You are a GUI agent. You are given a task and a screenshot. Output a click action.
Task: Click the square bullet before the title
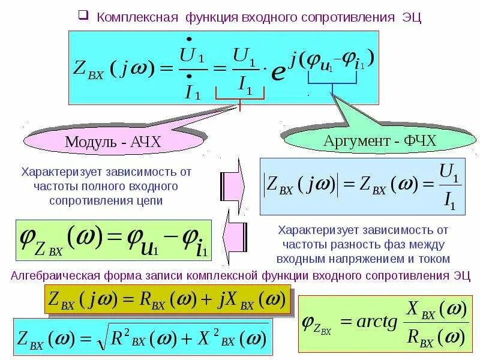coord(83,15)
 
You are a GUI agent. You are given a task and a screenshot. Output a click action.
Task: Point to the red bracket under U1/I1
coord(240,101)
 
